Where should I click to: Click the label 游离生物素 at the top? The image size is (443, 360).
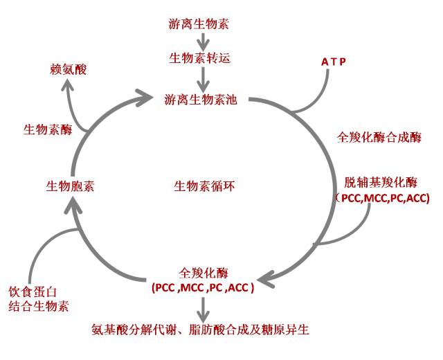[x=199, y=24]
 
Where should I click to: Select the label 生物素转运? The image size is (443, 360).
[x=199, y=58]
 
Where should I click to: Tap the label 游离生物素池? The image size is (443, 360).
[x=201, y=100]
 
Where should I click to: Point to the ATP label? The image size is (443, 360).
[x=333, y=62]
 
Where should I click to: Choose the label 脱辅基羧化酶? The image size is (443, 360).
[x=381, y=183]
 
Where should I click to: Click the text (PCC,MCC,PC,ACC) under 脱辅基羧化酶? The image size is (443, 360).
[x=381, y=199]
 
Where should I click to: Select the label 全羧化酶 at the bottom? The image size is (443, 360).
[x=204, y=271]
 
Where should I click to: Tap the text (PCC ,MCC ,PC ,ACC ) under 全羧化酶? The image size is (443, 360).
[x=203, y=287]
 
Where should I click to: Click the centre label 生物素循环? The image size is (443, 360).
[x=204, y=186]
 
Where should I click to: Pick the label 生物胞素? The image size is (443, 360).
[x=71, y=186]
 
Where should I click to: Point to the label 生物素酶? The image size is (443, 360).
[x=48, y=129]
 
